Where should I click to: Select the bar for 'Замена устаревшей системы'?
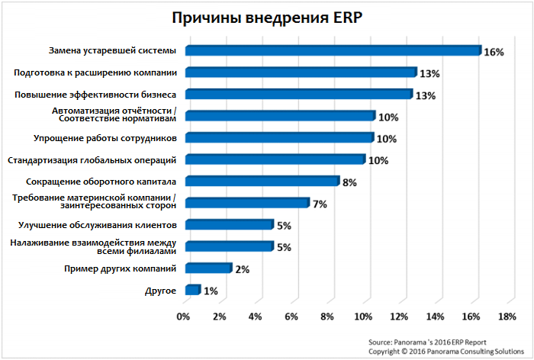[332, 50]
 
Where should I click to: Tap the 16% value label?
[494, 52]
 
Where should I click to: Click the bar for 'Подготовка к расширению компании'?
[300, 72]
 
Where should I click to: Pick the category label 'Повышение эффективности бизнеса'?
[96, 95]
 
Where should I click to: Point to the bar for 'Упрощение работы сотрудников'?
[278, 138]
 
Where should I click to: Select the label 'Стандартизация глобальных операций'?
[92, 160]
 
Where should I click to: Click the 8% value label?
[349, 183]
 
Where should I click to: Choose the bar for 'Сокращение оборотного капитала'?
[261, 182]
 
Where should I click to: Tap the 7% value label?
[320, 204]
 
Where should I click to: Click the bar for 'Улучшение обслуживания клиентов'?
[228, 225]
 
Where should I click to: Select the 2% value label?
[243, 270]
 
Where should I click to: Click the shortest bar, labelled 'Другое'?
[191, 291]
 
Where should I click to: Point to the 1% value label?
[211, 291]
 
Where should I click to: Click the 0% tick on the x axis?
[183, 317]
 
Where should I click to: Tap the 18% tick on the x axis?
[507, 317]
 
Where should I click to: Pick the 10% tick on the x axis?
[362, 317]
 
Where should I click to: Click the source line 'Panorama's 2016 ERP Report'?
[426, 342]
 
